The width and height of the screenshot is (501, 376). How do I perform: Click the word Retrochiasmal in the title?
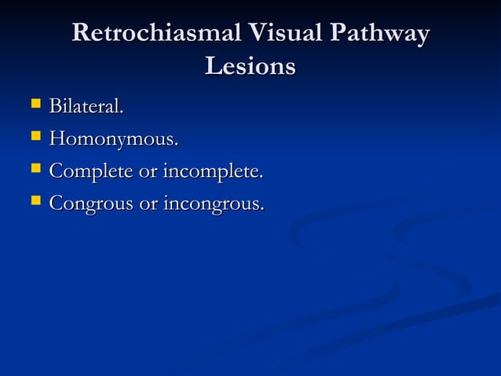click(157, 35)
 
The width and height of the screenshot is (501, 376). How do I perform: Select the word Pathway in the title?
click(380, 36)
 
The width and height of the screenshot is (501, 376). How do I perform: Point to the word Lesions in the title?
click(250, 67)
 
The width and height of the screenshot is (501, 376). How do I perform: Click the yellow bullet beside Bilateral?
click(34, 105)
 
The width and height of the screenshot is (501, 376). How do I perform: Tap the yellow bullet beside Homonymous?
click(34, 139)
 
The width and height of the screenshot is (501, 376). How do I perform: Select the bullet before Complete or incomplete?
click(34, 170)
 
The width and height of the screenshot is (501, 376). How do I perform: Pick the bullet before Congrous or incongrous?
click(34, 203)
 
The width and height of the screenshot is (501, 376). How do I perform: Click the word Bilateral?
click(86, 106)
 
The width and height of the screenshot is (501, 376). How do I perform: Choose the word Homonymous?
click(113, 141)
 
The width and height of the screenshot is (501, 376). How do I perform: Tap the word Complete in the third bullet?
click(90, 172)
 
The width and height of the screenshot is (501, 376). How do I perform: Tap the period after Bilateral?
click(122, 112)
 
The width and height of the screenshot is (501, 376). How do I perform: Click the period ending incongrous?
click(262, 210)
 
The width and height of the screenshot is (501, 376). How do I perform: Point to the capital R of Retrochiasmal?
click(81, 35)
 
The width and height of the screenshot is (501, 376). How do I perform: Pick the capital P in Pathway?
click(339, 35)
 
